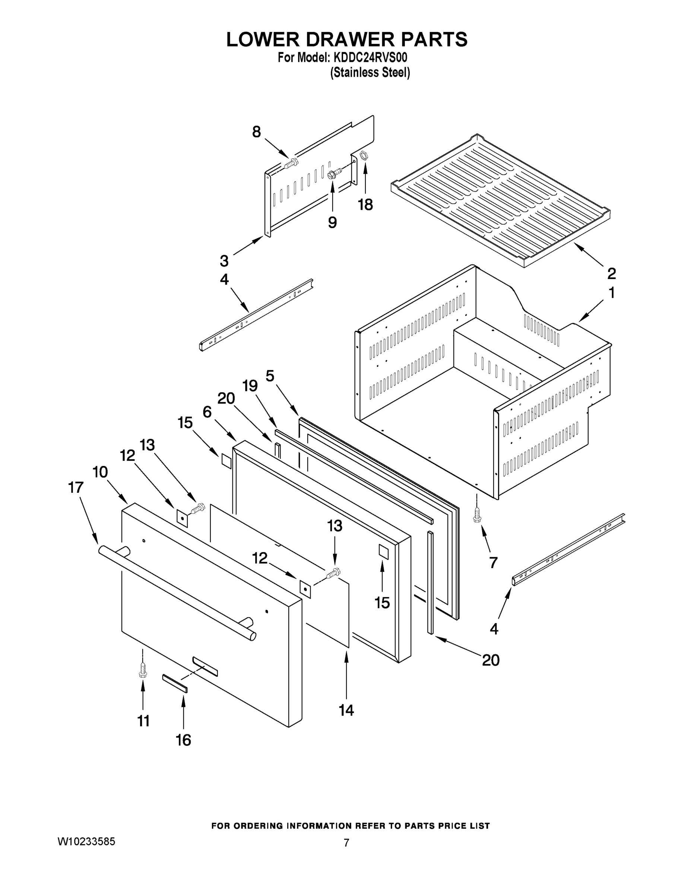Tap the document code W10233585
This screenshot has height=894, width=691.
tap(86, 841)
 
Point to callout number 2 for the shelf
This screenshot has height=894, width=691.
tap(611, 273)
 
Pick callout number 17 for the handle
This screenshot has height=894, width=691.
tap(76, 488)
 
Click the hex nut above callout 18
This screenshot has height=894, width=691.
tap(363, 155)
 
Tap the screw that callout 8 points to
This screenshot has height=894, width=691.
tap(291, 164)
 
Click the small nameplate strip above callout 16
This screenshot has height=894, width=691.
tap(175, 683)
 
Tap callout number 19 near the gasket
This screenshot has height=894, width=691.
tap(250, 386)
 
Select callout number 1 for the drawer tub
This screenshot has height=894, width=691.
tap(611, 293)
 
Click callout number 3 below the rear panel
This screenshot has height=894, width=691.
tap(224, 261)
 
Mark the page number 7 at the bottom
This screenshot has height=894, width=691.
tap(346, 843)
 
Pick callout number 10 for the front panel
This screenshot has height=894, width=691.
tap(100, 472)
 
